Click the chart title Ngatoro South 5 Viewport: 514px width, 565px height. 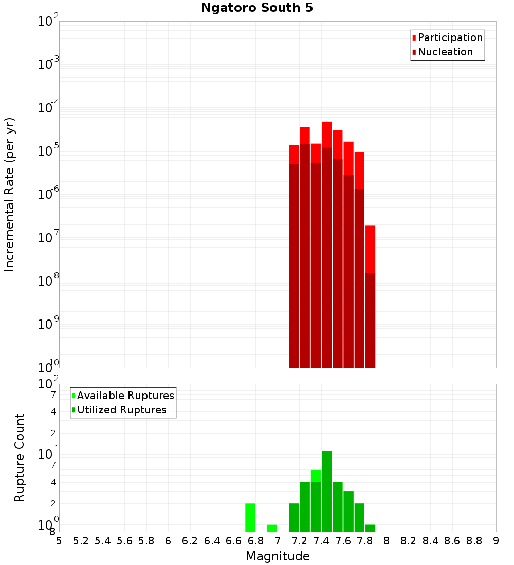[x=256, y=8]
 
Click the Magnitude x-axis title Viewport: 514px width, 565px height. [x=278, y=556]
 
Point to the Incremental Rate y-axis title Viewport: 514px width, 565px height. [x=10, y=194]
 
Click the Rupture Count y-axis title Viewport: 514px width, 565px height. [x=20, y=458]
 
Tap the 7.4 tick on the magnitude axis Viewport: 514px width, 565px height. [x=321, y=541]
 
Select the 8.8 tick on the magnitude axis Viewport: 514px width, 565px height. [x=474, y=541]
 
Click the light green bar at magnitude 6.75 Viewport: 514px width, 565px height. [x=250, y=517]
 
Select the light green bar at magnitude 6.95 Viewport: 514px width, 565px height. [x=272, y=528]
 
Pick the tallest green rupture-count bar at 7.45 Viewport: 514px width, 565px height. [x=326, y=491]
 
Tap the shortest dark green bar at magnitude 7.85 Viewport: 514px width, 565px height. [x=370, y=528]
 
